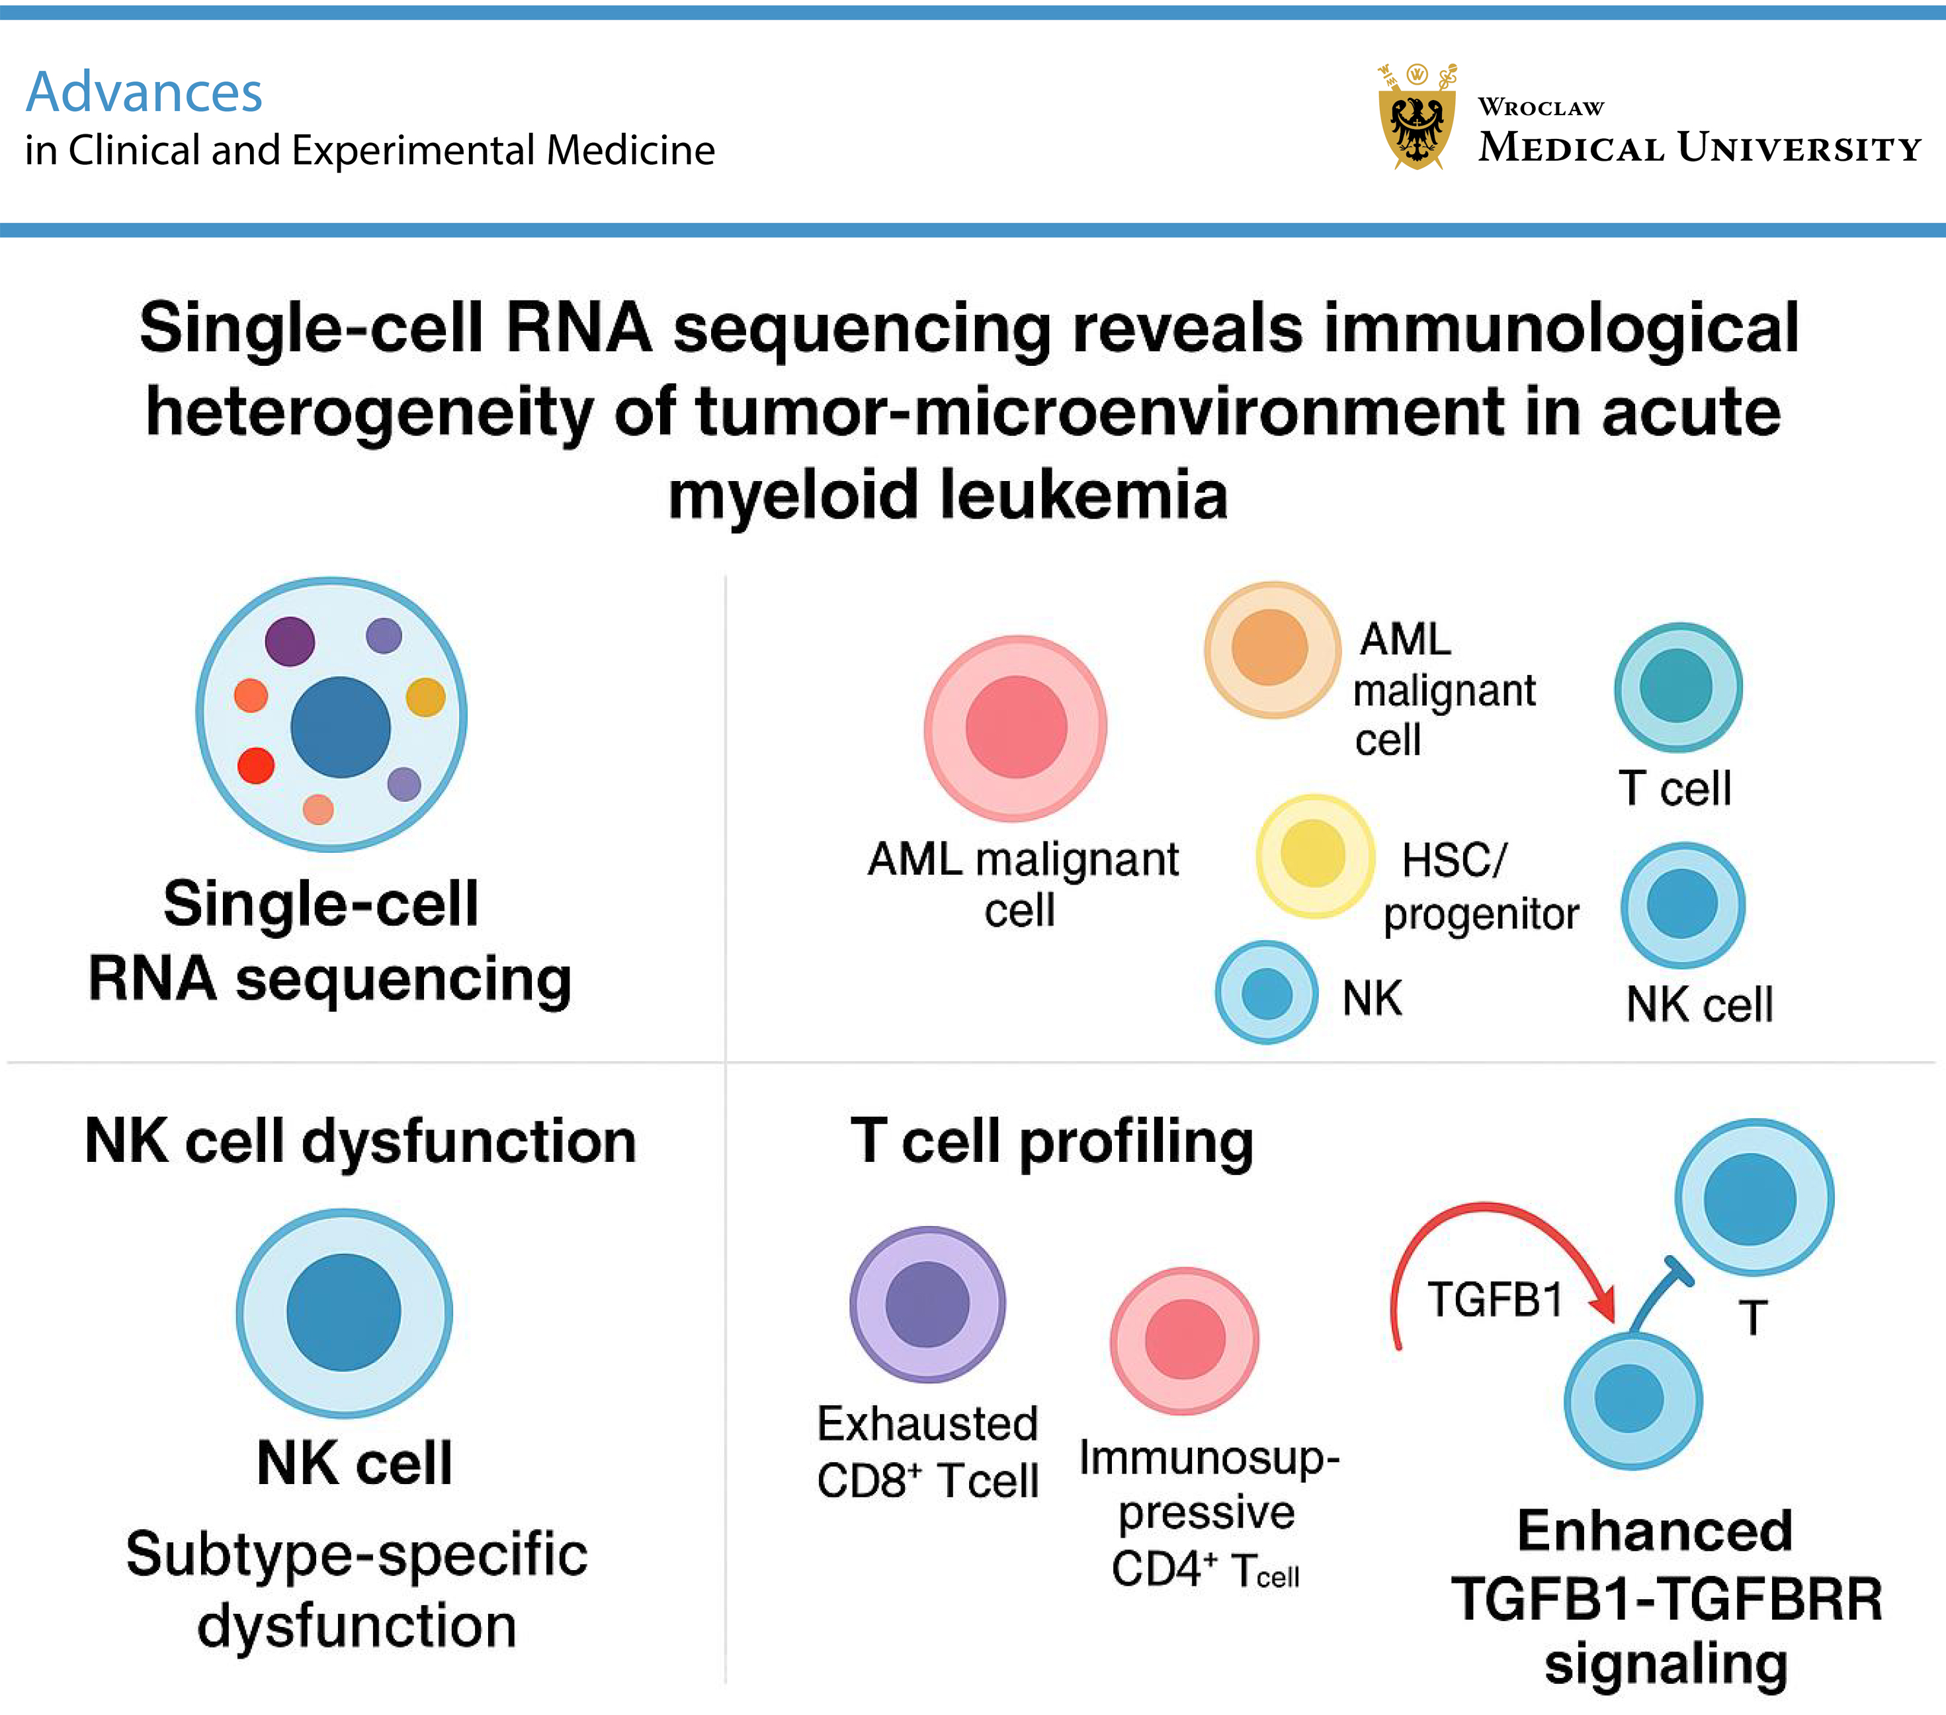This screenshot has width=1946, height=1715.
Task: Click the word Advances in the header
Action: (144, 93)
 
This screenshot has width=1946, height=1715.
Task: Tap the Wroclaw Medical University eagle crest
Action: (1417, 116)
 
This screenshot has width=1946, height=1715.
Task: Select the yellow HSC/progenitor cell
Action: (1314, 854)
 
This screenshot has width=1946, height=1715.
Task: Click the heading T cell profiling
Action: (1052, 1142)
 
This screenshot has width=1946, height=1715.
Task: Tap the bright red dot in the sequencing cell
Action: (256, 765)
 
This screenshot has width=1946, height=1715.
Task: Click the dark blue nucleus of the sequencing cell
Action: (340, 728)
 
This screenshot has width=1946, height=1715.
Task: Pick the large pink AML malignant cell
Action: (1016, 728)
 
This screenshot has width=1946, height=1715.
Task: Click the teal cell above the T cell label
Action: (1679, 687)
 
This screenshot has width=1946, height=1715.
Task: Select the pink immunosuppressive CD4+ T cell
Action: (1185, 1340)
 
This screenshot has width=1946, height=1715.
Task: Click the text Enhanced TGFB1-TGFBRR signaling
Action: (1666, 1599)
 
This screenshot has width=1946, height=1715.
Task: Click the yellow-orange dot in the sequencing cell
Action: (425, 697)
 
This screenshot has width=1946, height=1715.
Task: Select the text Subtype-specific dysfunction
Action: (357, 1589)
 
